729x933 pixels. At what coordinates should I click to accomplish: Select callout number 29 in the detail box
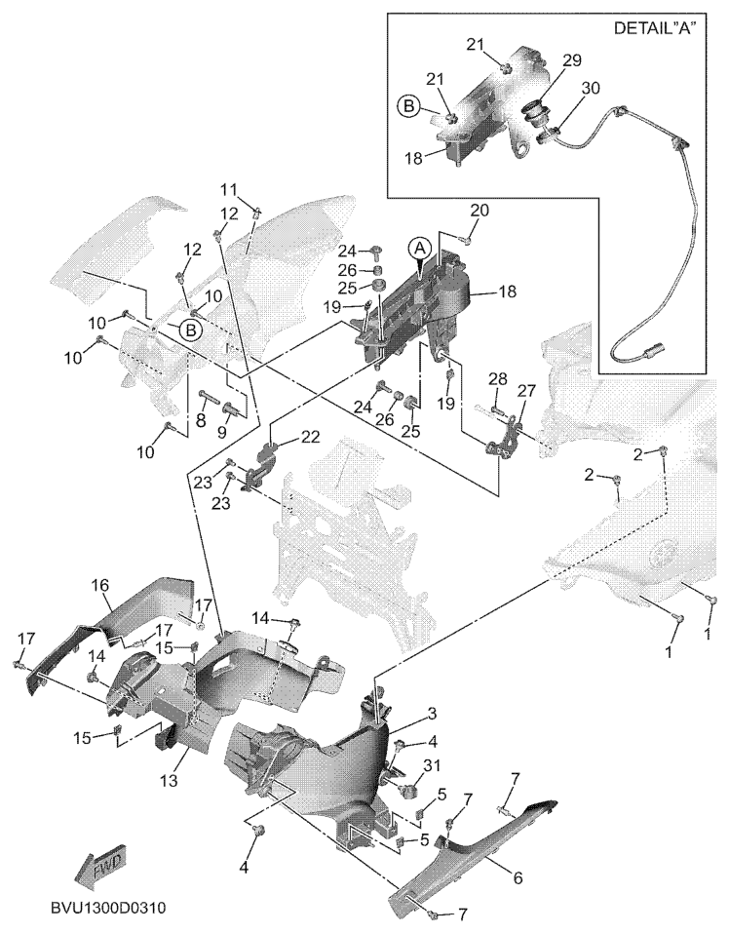click(572, 59)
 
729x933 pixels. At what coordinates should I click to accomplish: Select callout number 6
click(518, 876)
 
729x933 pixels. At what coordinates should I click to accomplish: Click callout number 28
click(497, 377)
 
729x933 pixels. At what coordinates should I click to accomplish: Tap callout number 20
click(480, 210)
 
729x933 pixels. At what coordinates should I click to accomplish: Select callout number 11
click(228, 189)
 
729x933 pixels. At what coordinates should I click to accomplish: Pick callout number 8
click(202, 421)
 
